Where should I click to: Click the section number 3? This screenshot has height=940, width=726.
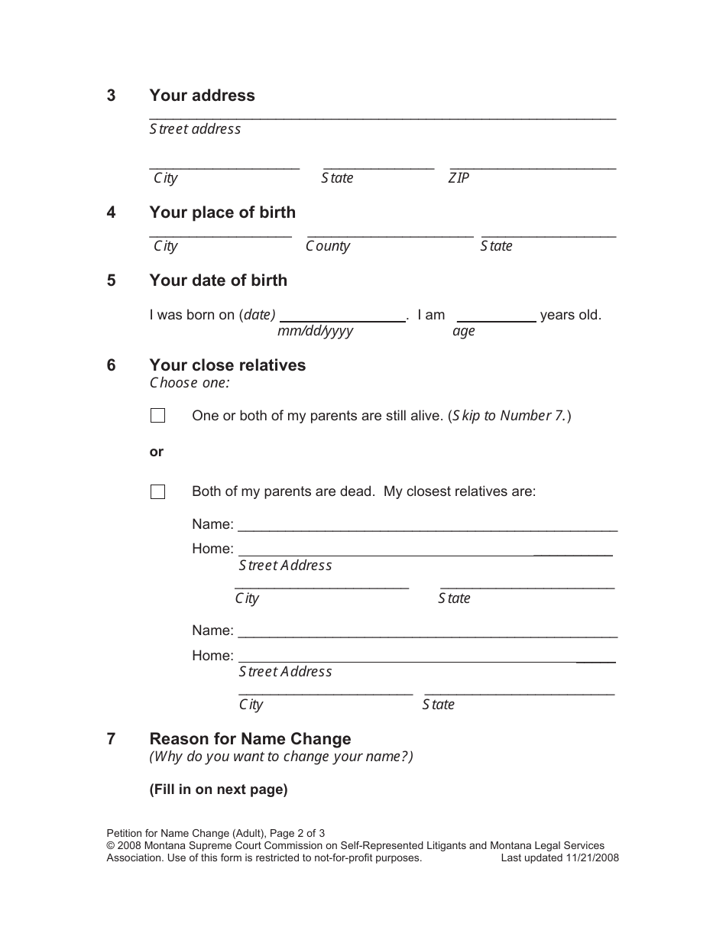tap(112, 96)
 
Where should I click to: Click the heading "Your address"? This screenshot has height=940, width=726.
tap(202, 96)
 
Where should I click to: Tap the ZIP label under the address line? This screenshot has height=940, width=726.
tap(459, 178)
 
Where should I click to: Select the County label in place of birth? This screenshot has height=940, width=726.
tap(328, 246)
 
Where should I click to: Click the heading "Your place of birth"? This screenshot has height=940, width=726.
tap(222, 212)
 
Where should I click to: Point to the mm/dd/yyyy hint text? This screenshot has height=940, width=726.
tap(315, 331)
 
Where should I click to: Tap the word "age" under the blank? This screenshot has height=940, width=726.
tap(463, 331)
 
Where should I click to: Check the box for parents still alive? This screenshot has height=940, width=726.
tap(158, 416)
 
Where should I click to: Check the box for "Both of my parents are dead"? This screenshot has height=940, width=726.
tap(158, 492)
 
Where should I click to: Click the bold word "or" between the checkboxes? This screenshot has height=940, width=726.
tap(157, 452)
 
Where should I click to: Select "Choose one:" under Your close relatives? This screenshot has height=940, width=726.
tap(190, 383)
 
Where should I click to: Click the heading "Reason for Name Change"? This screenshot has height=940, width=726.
tap(250, 739)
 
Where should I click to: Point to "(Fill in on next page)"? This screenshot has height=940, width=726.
tap(219, 789)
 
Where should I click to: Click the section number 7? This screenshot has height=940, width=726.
tap(112, 739)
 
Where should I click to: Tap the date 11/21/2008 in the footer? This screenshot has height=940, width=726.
tap(592, 857)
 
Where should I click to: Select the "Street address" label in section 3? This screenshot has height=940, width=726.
tap(195, 129)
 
